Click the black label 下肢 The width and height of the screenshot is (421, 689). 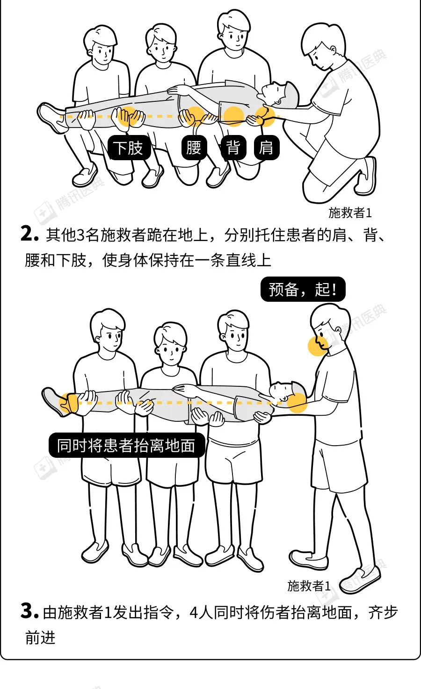[x=129, y=147]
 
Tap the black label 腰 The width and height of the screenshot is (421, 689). [x=194, y=147]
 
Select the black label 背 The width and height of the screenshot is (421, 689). [x=233, y=147]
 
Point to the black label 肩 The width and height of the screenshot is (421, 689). [x=266, y=147]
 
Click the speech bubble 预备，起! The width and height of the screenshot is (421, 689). [x=303, y=289]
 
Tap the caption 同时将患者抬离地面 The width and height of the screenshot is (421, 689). [x=127, y=445]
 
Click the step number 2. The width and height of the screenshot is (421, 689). [x=29, y=234]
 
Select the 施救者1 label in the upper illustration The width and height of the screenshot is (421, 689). [x=350, y=213]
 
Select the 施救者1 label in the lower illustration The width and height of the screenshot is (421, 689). [x=309, y=586]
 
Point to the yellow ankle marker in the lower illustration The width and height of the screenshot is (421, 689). [x=69, y=403]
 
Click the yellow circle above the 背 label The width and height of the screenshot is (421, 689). [x=234, y=117]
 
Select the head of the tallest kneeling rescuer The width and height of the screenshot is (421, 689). [x=233, y=30]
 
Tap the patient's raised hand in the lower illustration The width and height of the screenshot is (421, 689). [x=183, y=390]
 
